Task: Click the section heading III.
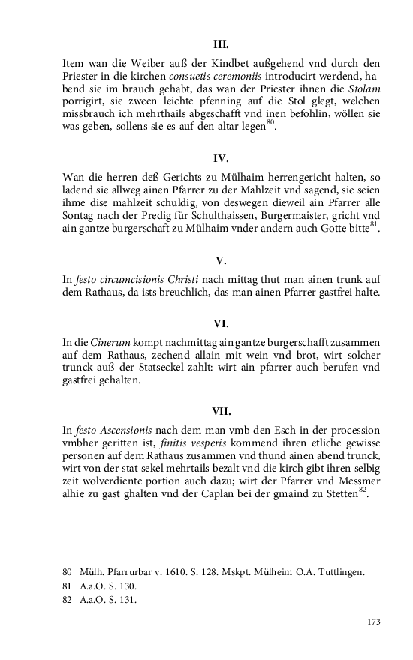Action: coord(221,44)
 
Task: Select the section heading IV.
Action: coord(221,159)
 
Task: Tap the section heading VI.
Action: coord(221,324)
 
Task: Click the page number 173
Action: coord(372,622)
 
